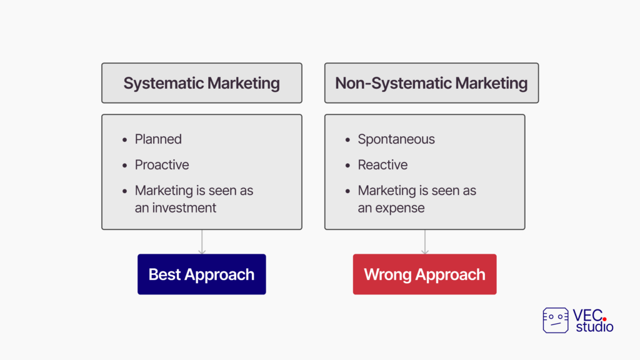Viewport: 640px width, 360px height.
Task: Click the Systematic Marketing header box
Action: pos(202,83)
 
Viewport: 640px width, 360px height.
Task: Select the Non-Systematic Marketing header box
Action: pos(431,83)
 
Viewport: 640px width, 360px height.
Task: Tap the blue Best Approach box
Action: pos(202,274)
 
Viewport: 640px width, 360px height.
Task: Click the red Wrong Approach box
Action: pos(424,274)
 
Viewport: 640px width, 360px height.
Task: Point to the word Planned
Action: pos(158,139)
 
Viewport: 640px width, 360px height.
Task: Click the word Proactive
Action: pos(162,165)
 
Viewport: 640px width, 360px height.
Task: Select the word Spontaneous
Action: pos(396,139)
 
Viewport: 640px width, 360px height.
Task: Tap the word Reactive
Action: pos(383,165)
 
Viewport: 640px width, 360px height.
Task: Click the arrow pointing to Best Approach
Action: pos(202,242)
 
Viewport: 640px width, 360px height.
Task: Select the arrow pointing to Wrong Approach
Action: pos(425,242)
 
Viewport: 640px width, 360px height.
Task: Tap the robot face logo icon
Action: pos(556,321)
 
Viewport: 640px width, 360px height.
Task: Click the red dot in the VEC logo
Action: pos(604,319)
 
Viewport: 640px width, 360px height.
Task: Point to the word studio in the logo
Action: pos(595,327)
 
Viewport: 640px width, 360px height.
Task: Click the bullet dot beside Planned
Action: pos(124,139)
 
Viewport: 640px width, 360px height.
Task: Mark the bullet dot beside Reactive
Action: pos(347,165)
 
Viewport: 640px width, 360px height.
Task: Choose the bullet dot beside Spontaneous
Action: pos(347,139)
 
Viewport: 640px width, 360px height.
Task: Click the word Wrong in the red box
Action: pos(387,275)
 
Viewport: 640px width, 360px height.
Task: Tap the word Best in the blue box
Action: pos(164,275)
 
